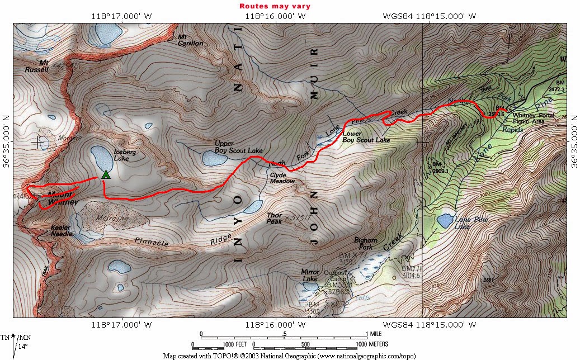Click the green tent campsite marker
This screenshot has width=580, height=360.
[105, 174]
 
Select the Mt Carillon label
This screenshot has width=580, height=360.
[190, 40]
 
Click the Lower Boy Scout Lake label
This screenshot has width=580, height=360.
[366, 136]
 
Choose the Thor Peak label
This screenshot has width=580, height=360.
[274, 218]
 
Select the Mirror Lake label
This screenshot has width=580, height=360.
[309, 275]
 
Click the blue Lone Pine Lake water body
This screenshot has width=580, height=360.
[445, 220]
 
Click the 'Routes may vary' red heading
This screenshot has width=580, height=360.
[275, 6]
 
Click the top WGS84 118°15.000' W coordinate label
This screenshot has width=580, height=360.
[429, 16]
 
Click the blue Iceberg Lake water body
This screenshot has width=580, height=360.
[99, 158]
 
